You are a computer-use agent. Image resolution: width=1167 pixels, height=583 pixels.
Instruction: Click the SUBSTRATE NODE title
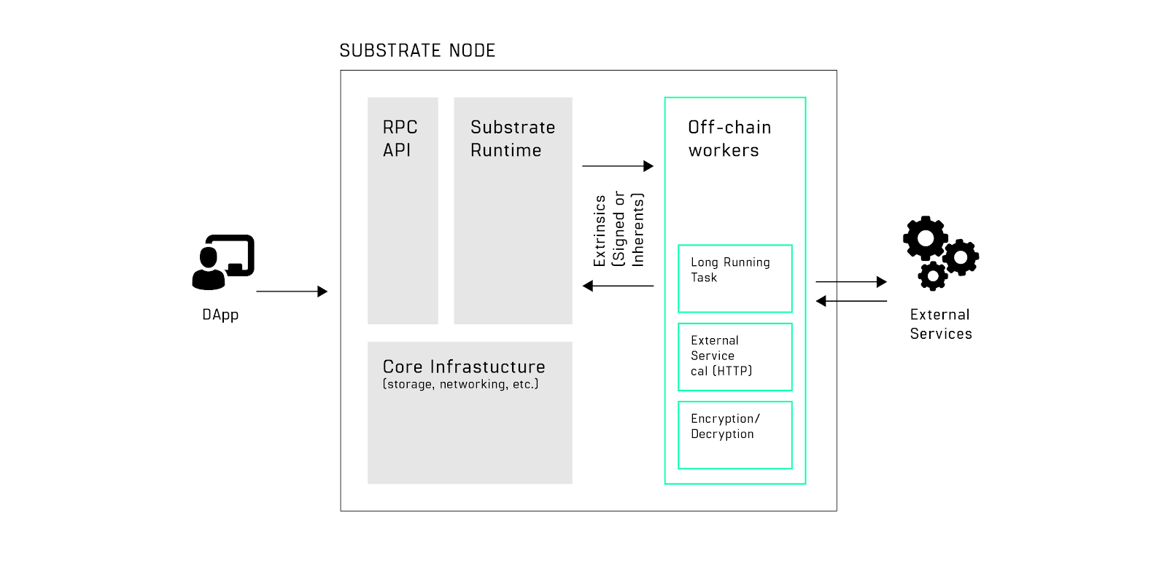pos(417,50)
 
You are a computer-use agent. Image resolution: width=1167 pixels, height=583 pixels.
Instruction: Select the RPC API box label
pos(400,138)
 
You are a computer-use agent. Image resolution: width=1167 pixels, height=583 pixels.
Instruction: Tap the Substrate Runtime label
pos(512,138)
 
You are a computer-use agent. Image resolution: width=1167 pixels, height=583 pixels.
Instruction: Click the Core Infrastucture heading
pos(464,367)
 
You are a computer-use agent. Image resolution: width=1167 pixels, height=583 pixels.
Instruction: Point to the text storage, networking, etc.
pos(460,384)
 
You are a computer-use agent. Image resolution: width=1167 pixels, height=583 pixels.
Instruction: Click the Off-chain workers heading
pos(729,138)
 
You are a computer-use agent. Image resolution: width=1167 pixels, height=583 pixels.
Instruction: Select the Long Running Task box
pos(734,278)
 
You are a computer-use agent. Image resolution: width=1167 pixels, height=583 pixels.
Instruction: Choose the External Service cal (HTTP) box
pos(734,356)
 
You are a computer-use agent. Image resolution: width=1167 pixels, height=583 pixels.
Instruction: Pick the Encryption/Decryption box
pos(734,434)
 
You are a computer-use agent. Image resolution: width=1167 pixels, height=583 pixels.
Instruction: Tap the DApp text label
pos(220,315)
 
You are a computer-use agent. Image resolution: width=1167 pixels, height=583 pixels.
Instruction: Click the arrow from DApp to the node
pos(292,291)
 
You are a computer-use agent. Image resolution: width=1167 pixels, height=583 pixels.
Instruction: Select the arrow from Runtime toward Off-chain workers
pos(617,166)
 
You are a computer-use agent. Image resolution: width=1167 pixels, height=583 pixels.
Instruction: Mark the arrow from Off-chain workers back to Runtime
pos(618,286)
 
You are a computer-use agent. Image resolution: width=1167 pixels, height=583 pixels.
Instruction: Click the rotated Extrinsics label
pos(619,230)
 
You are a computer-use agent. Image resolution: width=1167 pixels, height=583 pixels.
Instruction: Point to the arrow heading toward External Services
pos(850,281)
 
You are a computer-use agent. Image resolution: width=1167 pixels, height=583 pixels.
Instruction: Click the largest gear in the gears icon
pos(926,238)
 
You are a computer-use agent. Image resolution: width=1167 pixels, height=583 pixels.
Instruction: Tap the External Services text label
pos(940,324)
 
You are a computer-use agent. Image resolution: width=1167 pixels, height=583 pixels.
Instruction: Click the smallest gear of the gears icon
pos(933,275)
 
